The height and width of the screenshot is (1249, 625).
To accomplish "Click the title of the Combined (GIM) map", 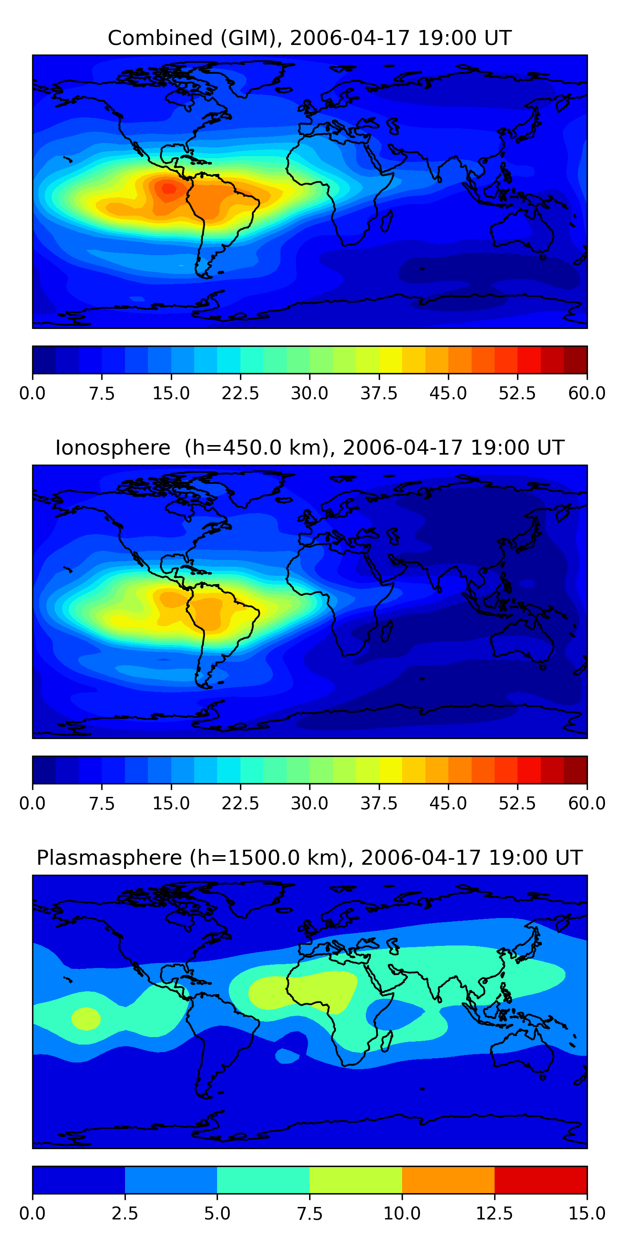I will [310, 38].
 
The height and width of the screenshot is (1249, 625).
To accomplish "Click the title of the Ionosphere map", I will [310, 448].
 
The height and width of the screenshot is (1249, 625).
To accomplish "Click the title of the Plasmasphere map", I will [310, 858].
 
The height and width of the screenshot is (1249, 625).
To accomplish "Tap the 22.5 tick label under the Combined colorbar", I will [240, 393].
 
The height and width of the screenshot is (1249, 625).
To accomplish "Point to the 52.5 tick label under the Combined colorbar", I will [517, 393].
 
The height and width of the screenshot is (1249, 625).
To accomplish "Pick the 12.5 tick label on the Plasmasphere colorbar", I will [495, 1214].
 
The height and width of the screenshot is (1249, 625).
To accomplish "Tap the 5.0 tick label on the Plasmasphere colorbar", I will [217, 1214].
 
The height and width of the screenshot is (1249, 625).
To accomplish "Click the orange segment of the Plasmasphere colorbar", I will [448, 1179].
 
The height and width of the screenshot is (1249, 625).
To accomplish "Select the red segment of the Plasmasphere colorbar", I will [540, 1179].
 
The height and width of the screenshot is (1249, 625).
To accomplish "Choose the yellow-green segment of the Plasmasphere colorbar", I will [356, 1179].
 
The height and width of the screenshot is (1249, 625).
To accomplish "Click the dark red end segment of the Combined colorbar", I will [575, 360].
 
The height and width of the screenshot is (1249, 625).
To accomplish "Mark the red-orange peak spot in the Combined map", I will [168, 188].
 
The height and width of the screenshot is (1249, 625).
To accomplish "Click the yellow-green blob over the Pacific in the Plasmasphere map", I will [86, 1018].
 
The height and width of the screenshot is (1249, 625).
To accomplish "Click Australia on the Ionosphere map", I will [522, 640].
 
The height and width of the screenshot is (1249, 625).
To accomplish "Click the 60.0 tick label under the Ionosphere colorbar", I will [587, 804].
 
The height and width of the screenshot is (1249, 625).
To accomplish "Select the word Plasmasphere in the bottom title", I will [109, 858].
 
